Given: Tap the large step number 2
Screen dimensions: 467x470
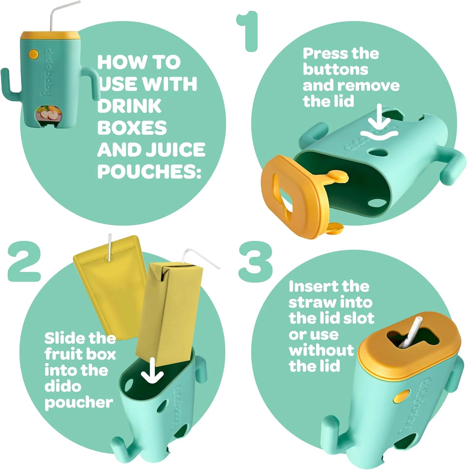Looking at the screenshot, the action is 24,261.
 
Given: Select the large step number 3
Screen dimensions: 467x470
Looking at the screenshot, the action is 255,262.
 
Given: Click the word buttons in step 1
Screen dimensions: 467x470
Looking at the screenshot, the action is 335,70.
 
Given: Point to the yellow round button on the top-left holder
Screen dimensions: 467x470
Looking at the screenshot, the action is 33,54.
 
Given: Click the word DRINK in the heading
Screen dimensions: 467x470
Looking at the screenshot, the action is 129,106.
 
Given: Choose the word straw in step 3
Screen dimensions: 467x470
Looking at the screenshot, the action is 312,303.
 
